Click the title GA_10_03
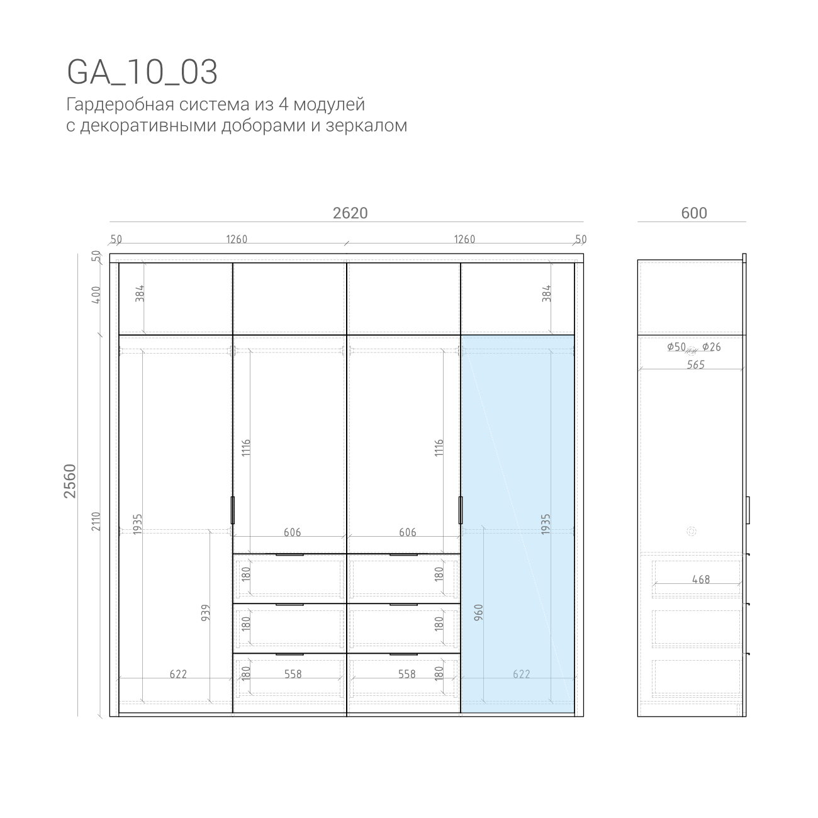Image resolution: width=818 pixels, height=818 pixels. (142, 72)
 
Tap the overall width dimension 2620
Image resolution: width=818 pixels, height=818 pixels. (350, 213)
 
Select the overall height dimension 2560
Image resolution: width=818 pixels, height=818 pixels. (70, 481)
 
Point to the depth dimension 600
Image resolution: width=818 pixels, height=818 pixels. (694, 213)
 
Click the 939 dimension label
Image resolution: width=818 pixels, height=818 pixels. (206, 613)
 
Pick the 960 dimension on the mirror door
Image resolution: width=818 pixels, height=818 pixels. (478, 613)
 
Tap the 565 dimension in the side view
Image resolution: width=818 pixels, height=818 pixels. (696, 365)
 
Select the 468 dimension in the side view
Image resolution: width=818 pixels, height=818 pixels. (701, 580)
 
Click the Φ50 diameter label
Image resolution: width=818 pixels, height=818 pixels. (676, 347)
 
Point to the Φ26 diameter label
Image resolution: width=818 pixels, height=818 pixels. (712, 347)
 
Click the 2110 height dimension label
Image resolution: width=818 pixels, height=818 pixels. (96, 521)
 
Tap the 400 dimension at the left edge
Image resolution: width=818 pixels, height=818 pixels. (96, 295)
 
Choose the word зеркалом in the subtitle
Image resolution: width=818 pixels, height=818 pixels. (366, 126)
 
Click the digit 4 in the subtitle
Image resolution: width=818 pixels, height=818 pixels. (284, 104)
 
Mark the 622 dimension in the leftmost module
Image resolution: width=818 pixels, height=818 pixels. (178, 674)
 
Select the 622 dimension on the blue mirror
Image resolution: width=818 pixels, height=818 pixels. (521, 674)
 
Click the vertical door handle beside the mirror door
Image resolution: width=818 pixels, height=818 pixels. (461, 510)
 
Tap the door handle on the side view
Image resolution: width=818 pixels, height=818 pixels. (748, 510)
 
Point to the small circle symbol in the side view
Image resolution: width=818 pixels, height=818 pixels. (692, 531)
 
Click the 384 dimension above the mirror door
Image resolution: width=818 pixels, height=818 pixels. (547, 293)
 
